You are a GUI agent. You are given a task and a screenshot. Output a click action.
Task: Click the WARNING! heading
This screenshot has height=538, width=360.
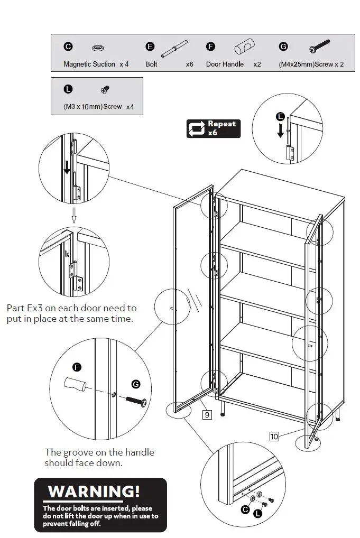pyautogui.click(x=94, y=491)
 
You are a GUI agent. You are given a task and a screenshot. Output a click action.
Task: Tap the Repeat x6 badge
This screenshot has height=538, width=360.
pyautogui.click(x=213, y=128)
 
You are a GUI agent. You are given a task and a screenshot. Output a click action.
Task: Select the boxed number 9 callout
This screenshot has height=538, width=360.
pyautogui.click(x=207, y=415)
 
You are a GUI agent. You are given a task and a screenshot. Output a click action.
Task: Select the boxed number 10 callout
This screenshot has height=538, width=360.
pyautogui.click(x=274, y=436)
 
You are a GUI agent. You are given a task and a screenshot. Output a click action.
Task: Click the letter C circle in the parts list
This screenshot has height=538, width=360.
pyautogui.click(x=68, y=47)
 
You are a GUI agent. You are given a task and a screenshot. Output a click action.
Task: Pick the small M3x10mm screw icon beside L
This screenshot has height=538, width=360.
pyautogui.click(x=105, y=90)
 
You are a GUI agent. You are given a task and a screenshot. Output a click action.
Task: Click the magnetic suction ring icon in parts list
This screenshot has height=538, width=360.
pyautogui.click(x=98, y=48)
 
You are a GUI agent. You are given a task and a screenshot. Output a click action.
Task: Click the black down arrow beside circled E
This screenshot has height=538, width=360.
pyautogui.click(x=281, y=131)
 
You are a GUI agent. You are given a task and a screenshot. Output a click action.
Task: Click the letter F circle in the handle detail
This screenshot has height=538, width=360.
pyautogui.click(x=77, y=367)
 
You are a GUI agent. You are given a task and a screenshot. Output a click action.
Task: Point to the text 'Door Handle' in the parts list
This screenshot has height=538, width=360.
pyautogui.click(x=225, y=64)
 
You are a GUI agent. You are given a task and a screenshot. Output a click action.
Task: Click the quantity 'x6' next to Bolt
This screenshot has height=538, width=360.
pyautogui.click(x=189, y=64)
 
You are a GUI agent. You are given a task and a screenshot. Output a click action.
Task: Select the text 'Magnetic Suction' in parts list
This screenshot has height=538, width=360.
pyautogui.click(x=89, y=64)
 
